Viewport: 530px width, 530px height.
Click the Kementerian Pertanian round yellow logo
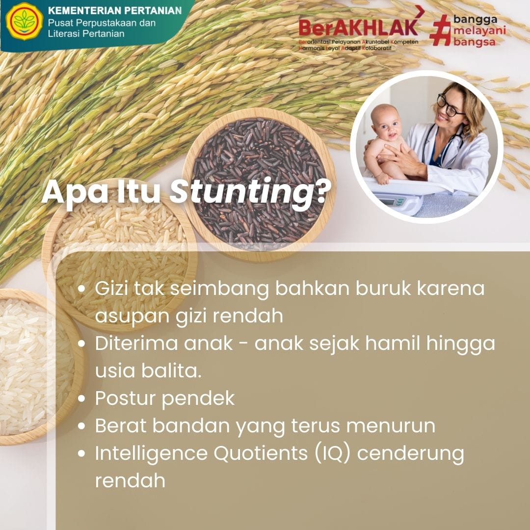point(25,21)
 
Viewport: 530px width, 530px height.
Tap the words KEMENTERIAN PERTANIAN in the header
point(115,11)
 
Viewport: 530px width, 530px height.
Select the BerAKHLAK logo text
point(359,27)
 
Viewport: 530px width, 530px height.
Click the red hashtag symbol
point(440,30)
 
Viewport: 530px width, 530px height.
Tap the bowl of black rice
point(259,185)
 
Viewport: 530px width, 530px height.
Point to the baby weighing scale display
point(388,203)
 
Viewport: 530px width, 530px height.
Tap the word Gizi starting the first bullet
point(111,289)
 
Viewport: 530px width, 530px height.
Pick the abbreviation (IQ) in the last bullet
point(333,453)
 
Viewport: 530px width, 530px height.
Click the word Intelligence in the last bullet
point(151,453)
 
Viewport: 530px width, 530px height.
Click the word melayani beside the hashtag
point(479,31)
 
